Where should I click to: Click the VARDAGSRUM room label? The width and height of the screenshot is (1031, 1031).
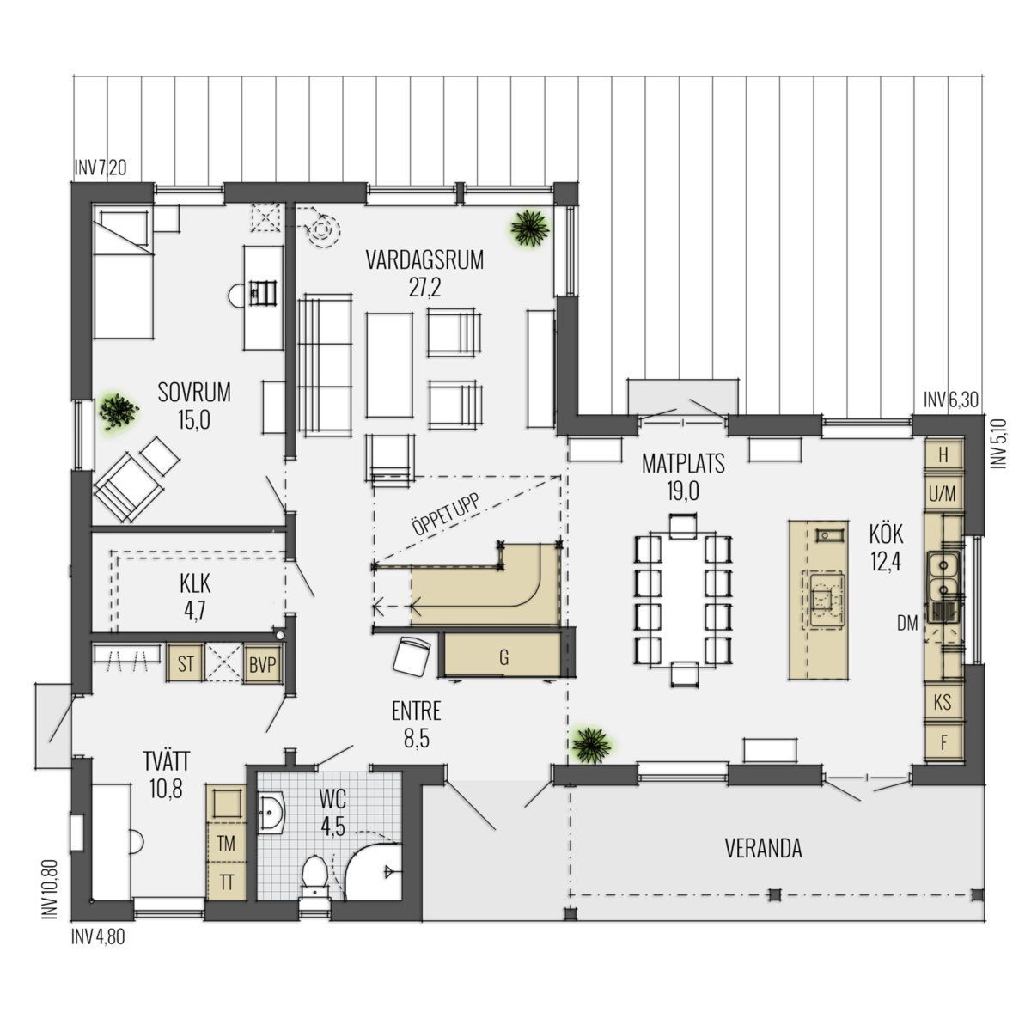tap(424, 259)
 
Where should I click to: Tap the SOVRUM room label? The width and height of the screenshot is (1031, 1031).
tap(194, 392)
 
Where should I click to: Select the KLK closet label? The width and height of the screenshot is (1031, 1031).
tap(195, 583)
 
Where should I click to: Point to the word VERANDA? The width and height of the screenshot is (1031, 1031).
tap(763, 848)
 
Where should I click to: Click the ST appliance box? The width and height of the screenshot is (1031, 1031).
tap(185, 664)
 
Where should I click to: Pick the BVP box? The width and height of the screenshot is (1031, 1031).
tap(262, 664)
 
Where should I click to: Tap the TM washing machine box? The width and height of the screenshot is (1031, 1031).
tap(226, 844)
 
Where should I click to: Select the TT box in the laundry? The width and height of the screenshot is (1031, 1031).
tap(226, 882)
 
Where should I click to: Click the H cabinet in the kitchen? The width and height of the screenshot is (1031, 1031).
tap(943, 454)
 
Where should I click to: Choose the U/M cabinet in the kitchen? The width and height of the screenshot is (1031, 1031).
tap(943, 493)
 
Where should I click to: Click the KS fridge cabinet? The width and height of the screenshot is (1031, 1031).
tap(943, 702)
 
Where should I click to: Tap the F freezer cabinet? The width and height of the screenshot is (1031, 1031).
tap(943, 742)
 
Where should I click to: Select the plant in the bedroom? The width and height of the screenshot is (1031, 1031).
tap(118, 412)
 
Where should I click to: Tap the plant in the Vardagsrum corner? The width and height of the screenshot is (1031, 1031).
tap(529, 229)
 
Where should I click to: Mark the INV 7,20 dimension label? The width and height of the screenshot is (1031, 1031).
tap(100, 168)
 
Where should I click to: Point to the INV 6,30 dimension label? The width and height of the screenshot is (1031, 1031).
tap(951, 400)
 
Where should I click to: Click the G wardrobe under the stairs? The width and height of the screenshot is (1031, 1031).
tap(503, 657)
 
